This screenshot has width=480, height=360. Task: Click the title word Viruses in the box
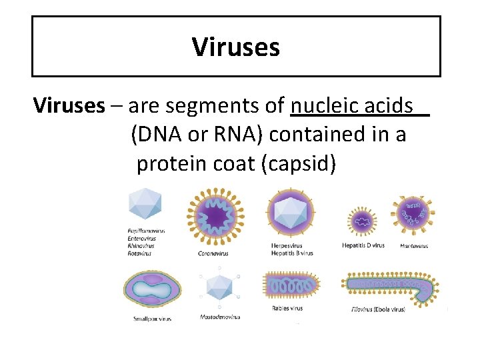235,47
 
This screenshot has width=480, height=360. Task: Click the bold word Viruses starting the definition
69,105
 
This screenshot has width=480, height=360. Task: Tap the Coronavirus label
213,253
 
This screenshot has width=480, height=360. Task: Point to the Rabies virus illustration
288,285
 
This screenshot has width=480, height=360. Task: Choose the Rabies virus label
287,309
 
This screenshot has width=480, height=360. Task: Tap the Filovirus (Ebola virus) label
377,310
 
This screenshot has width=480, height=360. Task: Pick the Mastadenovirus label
220,317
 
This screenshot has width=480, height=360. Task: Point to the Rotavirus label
139,253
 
